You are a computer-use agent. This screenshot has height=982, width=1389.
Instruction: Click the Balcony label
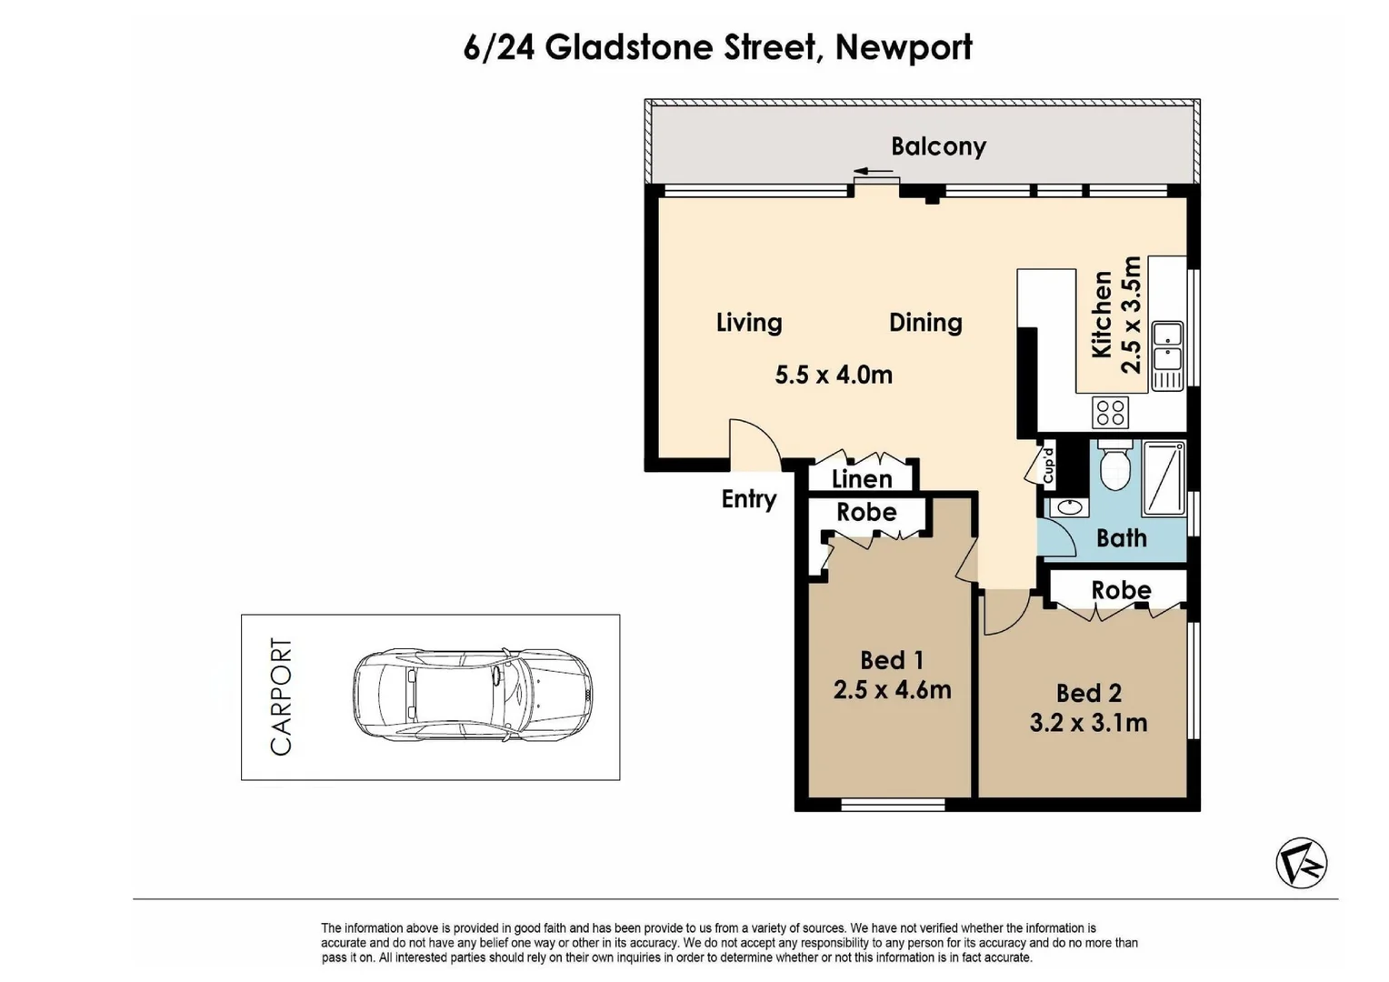[938, 147]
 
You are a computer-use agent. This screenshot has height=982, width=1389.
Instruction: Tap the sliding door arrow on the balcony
[873, 171]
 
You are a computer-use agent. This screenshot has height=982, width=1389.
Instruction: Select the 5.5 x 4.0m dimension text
[834, 375]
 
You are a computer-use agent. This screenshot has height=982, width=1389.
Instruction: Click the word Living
[749, 323]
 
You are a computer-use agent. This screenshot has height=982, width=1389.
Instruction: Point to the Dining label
[925, 323]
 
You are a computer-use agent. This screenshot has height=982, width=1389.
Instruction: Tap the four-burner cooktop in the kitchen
[1110, 413]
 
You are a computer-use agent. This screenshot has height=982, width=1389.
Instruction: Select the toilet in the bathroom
[1114, 466]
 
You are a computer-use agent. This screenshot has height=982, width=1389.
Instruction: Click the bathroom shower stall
[1164, 478]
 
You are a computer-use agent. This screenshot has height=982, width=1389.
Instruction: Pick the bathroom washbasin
[1069, 507]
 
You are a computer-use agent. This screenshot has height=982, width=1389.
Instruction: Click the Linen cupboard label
[862, 479]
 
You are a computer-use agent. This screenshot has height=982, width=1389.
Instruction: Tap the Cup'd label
[1048, 466]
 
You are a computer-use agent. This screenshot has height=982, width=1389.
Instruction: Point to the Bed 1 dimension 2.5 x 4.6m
[892, 690]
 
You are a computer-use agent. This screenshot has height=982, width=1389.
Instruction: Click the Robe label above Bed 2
[1121, 590]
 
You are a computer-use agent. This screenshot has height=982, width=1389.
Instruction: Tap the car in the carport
[473, 695]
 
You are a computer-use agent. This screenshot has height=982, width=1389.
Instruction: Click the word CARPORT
[281, 696]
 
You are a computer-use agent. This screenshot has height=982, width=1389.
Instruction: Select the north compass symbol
[1301, 863]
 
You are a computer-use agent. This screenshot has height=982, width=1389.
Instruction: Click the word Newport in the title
[904, 48]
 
